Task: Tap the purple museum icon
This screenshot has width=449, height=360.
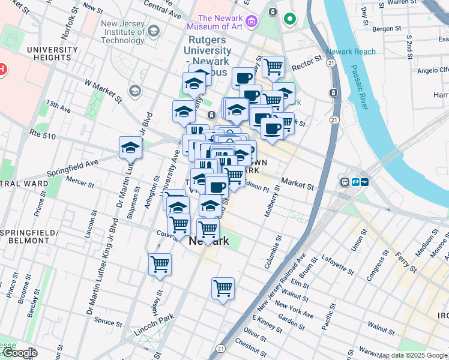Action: (x=251, y=22)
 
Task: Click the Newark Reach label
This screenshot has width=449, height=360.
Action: (x=351, y=52)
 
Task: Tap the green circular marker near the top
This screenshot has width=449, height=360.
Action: (x=290, y=20)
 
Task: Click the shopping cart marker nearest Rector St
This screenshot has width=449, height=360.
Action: (x=273, y=67)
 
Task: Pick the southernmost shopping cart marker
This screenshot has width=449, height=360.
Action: (x=223, y=288)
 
